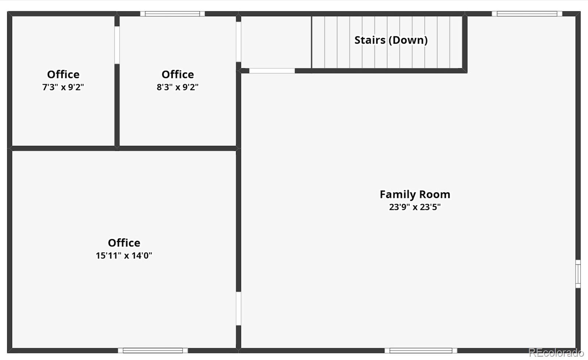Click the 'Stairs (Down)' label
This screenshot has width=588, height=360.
(x=391, y=40)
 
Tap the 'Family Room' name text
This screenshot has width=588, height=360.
(x=415, y=194)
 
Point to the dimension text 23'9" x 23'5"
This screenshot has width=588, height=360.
(x=415, y=207)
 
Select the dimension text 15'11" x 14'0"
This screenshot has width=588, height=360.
(x=124, y=256)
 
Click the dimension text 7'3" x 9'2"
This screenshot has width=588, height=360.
(x=63, y=87)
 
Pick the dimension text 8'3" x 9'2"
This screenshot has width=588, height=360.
(x=178, y=87)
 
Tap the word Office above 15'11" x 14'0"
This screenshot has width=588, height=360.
(x=124, y=243)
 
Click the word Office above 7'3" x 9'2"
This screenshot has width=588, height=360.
(x=63, y=74)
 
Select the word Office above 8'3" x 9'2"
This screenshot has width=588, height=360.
(x=178, y=74)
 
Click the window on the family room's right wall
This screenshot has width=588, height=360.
(x=578, y=274)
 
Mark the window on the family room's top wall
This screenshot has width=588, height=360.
(x=527, y=14)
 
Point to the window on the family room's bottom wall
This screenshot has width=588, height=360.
(x=421, y=350)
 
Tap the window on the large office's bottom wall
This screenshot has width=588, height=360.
(x=153, y=350)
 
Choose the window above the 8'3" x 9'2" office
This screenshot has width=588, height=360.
(x=172, y=14)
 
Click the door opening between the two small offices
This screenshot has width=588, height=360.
(x=117, y=45)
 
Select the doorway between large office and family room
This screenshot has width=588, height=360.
(x=239, y=308)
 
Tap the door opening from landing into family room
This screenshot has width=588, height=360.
(x=272, y=71)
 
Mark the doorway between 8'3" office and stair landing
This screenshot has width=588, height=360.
(x=239, y=42)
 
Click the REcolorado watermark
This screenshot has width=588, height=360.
(x=556, y=353)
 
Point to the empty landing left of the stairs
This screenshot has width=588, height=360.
(x=276, y=42)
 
